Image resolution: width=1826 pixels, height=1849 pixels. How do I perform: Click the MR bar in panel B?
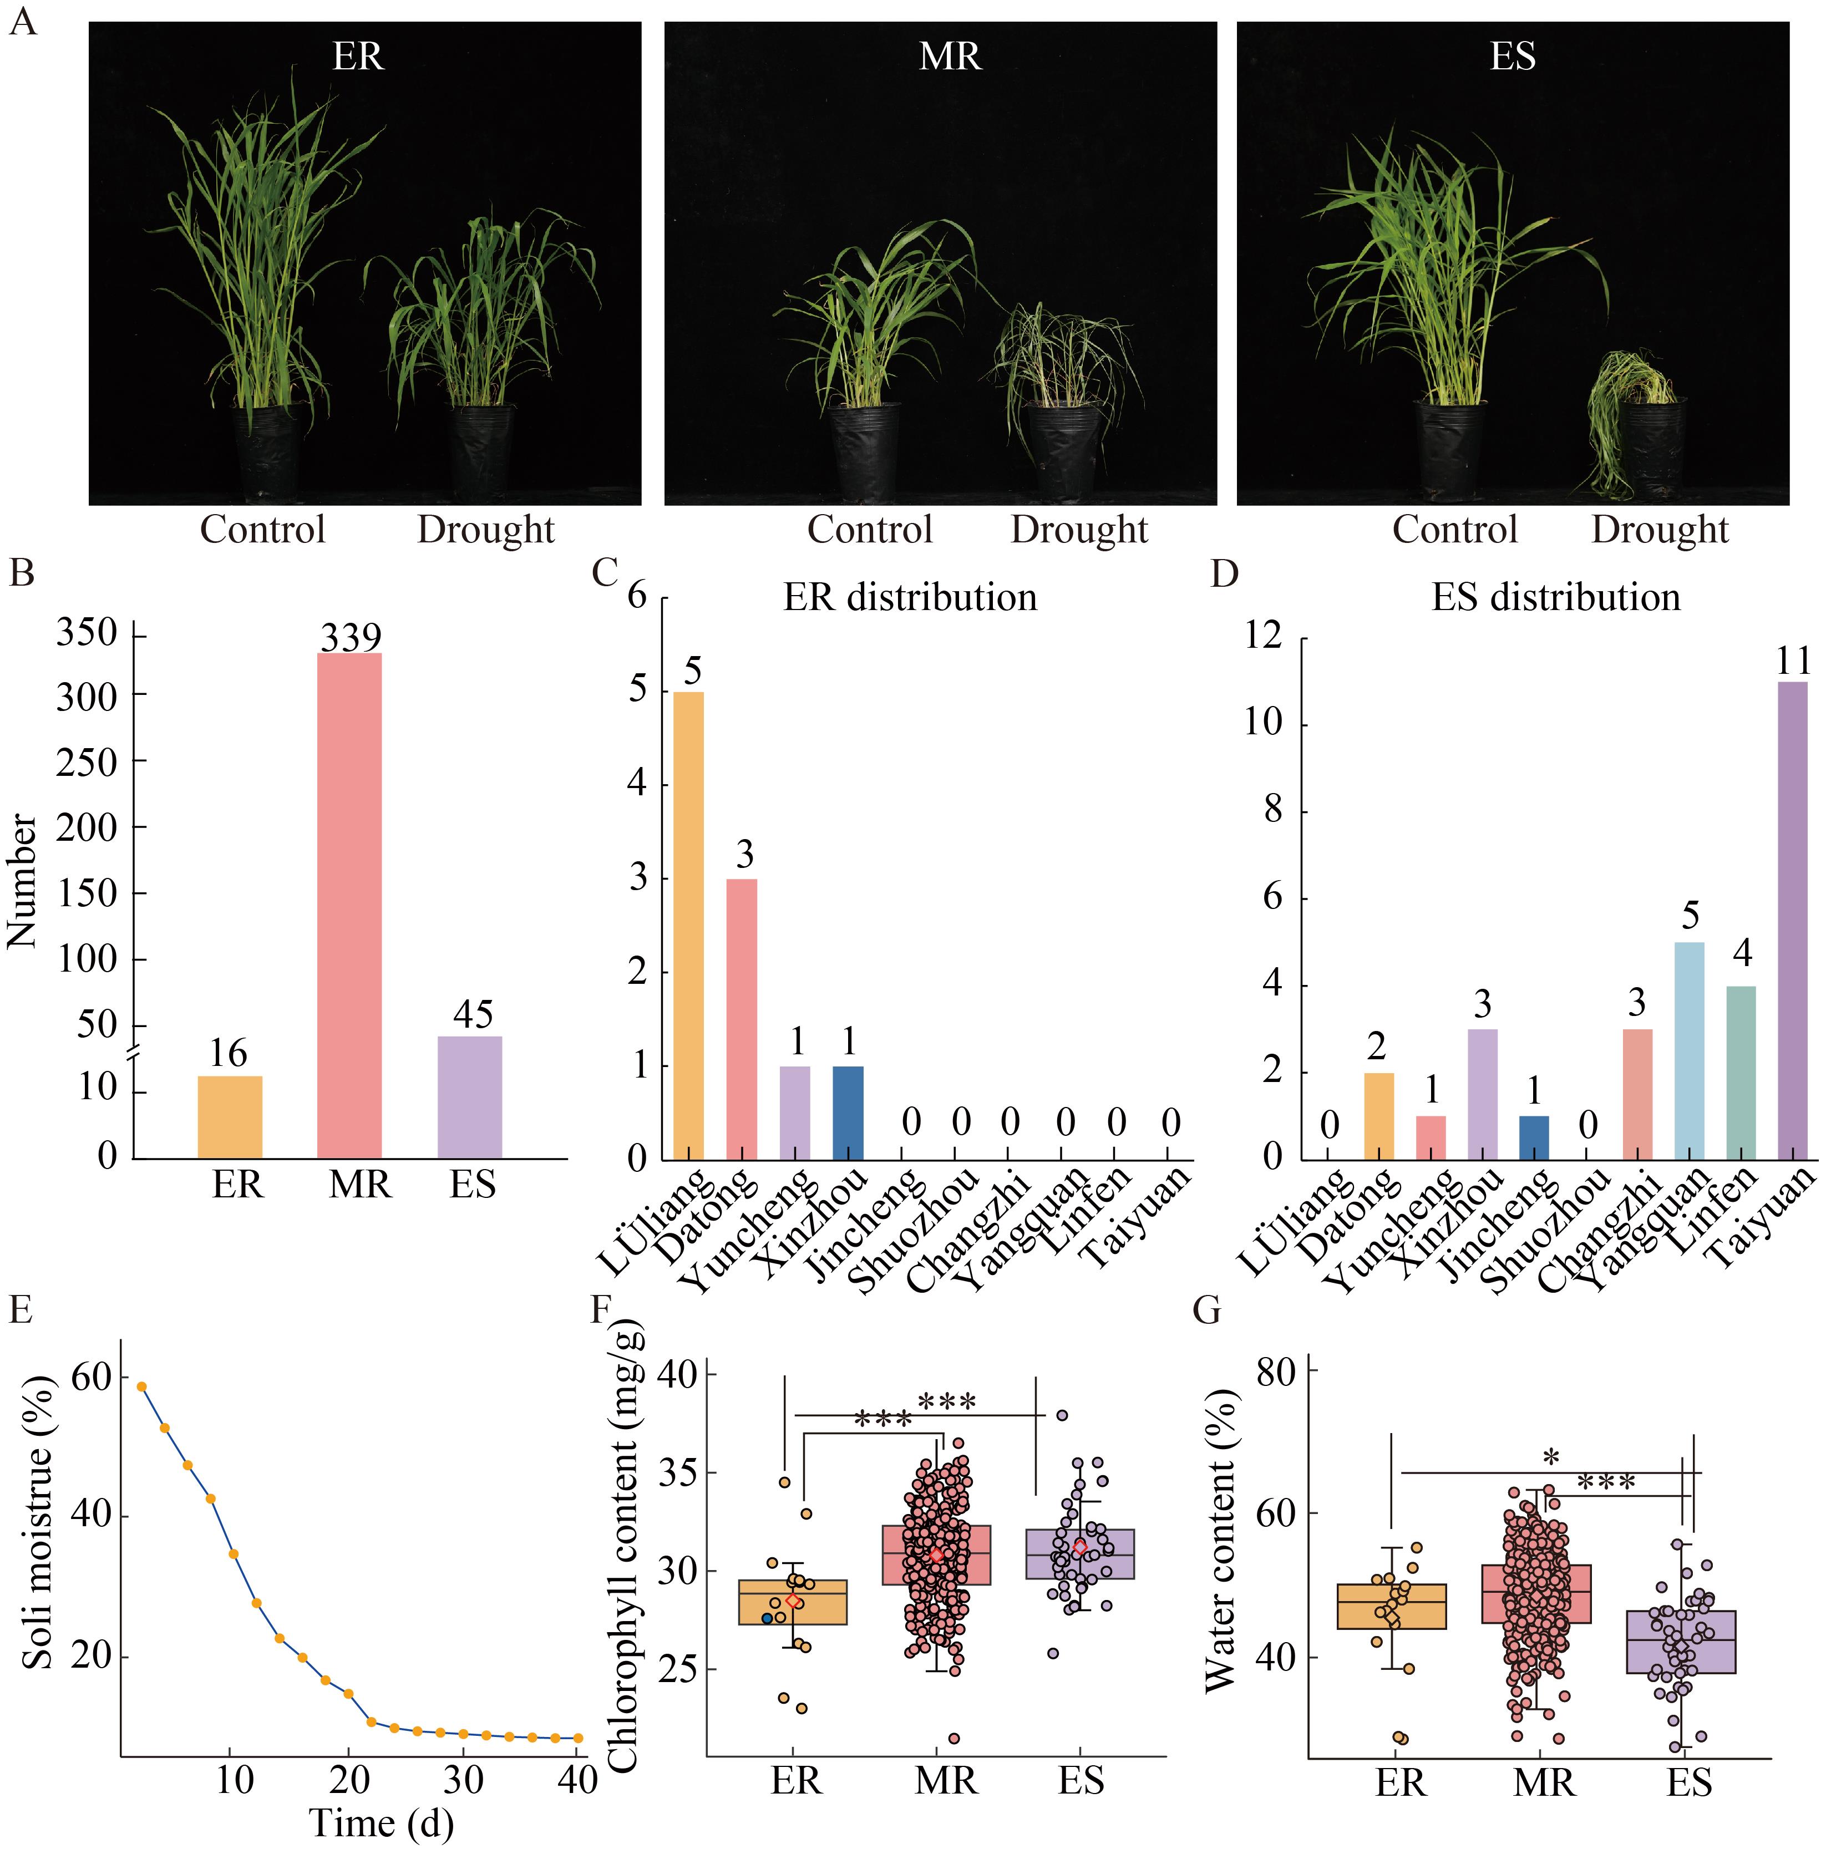click(x=349, y=905)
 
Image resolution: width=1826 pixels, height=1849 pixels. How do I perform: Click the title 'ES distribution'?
click(x=1555, y=597)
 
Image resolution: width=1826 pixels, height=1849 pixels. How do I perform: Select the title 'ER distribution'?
click(x=909, y=597)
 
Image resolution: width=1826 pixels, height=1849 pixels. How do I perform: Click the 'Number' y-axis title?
click(x=23, y=881)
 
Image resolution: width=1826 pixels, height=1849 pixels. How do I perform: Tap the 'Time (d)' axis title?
click(x=381, y=1823)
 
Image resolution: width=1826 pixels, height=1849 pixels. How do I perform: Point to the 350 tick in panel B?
click(x=86, y=633)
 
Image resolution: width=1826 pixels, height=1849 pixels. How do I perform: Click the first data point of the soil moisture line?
click(x=141, y=1386)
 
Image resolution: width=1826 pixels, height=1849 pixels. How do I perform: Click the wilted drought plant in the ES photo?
click(x=1627, y=421)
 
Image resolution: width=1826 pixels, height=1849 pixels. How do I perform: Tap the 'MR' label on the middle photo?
click(x=950, y=57)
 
